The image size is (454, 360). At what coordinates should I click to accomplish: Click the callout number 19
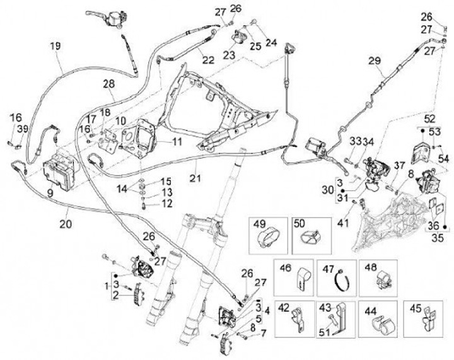click(55, 45)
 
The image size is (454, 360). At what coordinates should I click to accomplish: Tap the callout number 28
click(108, 84)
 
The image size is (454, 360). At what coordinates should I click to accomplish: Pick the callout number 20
click(66, 222)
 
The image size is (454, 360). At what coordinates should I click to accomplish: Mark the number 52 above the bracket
click(429, 118)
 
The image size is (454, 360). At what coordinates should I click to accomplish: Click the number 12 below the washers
click(167, 203)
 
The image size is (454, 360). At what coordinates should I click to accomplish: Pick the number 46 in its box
click(284, 268)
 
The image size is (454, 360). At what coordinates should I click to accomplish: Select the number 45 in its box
click(414, 309)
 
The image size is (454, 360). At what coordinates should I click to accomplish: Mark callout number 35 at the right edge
click(436, 239)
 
